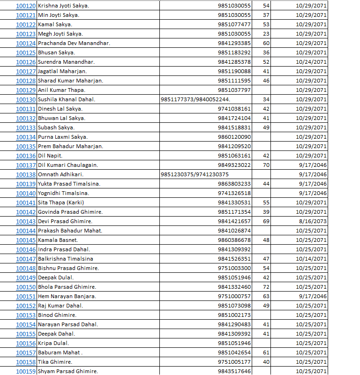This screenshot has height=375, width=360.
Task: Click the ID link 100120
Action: pyautogui.click(x=26, y=6)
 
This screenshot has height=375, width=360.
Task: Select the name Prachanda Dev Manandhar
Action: pyautogui.click(x=74, y=43)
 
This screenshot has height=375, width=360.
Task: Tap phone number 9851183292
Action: pyautogui.click(x=234, y=52)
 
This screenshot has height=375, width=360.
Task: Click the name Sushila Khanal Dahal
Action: pyautogui.click(x=67, y=99)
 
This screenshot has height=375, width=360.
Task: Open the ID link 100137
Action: pyautogui.click(x=26, y=165)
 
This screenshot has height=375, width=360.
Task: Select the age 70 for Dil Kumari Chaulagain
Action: pyautogui.click(x=266, y=165)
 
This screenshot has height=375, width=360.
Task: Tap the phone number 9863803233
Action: pyautogui.click(x=234, y=184)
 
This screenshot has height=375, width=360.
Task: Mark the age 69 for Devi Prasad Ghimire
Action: pyautogui.click(x=266, y=221)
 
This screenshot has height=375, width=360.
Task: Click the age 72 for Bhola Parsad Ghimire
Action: pyautogui.click(x=266, y=287)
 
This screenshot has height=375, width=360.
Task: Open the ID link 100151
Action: pyautogui.click(x=26, y=296)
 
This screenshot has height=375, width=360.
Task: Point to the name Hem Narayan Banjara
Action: pyautogui.click(x=67, y=296)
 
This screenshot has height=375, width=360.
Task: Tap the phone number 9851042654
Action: pyautogui.click(x=234, y=352)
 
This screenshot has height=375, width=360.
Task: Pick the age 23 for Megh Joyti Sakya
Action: pyautogui.click(x=266, y=34)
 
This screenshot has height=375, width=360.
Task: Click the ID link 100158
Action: pyautogui.click(x=26, y=362)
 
